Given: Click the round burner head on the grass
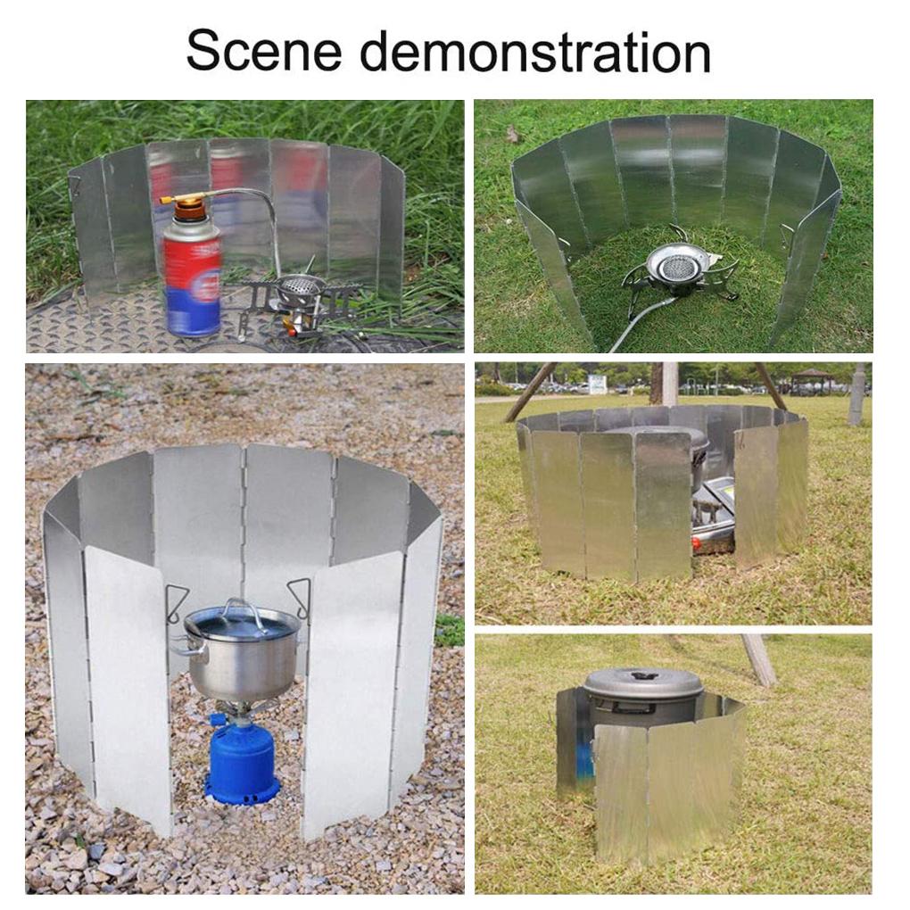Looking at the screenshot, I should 677,262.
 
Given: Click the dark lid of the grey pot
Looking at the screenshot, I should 643,682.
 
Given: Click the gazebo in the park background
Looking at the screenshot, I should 812,379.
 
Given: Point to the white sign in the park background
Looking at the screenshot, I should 597,383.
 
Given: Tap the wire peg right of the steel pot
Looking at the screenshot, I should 300,596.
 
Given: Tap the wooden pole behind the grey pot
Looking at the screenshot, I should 759,659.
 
